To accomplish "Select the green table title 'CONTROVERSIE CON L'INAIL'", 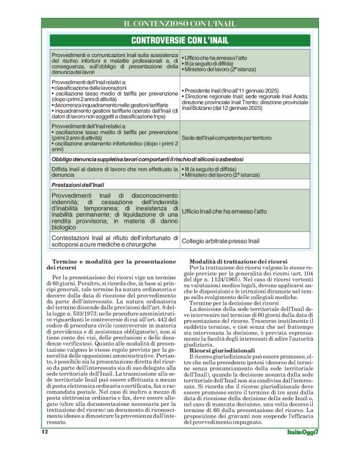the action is [179, 41].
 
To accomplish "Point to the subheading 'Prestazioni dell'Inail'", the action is [78, 185].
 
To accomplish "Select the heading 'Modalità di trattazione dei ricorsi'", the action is [238, 262].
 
